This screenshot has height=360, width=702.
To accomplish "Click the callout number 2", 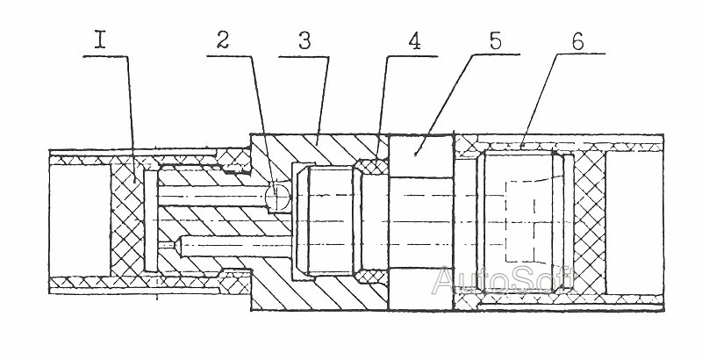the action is pos(223,40).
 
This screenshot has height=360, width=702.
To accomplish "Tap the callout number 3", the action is pos(304,40).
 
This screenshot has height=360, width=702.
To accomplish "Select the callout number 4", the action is pos(414,41).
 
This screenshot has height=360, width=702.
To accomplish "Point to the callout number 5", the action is pos(495,40).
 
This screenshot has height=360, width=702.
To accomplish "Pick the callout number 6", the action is pos(577,41).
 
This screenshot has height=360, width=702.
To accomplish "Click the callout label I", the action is pos(100,40).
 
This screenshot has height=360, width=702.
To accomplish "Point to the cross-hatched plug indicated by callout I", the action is pos(127,220).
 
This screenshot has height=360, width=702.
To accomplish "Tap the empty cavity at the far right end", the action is pos(634,221).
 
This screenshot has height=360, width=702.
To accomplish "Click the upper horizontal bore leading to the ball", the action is pos(211,197).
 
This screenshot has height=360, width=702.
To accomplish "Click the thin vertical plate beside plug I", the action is pos(151,220).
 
